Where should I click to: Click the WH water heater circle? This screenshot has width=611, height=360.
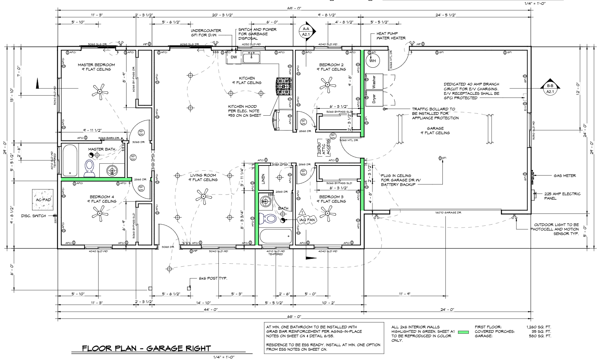372,61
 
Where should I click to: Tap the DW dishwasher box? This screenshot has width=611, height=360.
233,57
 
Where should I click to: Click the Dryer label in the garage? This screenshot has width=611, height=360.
374,99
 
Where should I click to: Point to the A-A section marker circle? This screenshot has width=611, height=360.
306,31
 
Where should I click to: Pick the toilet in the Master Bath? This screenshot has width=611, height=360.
89,168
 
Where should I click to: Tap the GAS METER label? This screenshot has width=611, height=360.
564,176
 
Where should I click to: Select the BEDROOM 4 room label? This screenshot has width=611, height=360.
102,197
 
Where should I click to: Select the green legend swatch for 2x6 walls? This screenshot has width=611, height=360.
463,331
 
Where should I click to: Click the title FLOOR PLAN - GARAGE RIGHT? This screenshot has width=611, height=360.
146,348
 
